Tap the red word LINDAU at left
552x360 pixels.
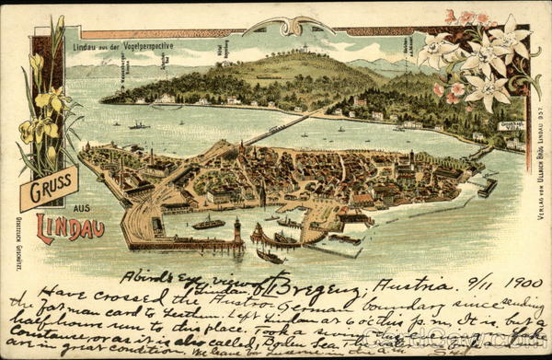coord(70,227)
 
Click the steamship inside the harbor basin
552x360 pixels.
coord(208,223)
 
